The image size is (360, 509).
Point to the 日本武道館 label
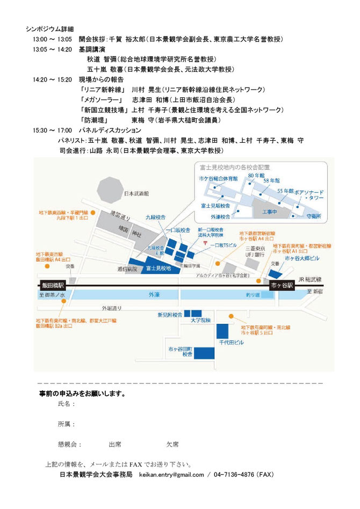tap(135, 194)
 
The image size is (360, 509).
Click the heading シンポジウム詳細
tap(49, 28)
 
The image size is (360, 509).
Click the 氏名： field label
tap(67, 403)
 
